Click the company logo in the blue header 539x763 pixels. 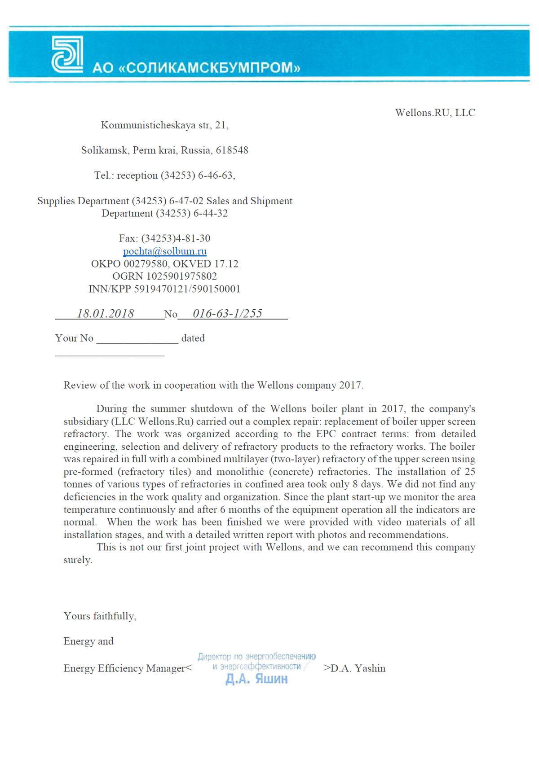pyautogui.click(x=67, y=55)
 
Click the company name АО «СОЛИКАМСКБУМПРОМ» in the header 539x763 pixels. pyautogui.click(x=196, y=68)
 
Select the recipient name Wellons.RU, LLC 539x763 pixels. pyautogui.click(x=435, y=113)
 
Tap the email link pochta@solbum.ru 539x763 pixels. pyautogui.click(x=165, y=251)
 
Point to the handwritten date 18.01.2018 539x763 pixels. pyautogui.click(x=105, y=313)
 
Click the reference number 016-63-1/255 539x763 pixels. pyautogui.click(x=227, y=313)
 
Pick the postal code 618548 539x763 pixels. pyautogui.click(x=232, y=150)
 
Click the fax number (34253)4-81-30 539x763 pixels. pyautogui.click(x=176, y=238)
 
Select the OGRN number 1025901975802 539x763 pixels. pyautogui.click(x=181, y=276)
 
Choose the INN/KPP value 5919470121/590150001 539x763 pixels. pyautogui.click(x=187, y=289)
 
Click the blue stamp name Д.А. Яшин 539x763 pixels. pyautogui.click(x=256, y=679)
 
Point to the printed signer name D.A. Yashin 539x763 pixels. pyautogui.click(x=358, y=668)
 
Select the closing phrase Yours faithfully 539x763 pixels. pyautogui.click(x=100, y=616)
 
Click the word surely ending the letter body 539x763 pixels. pyautogui.click(x=78, y=560)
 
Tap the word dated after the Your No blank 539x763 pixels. pyautogui.click(x=193, y=338)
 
